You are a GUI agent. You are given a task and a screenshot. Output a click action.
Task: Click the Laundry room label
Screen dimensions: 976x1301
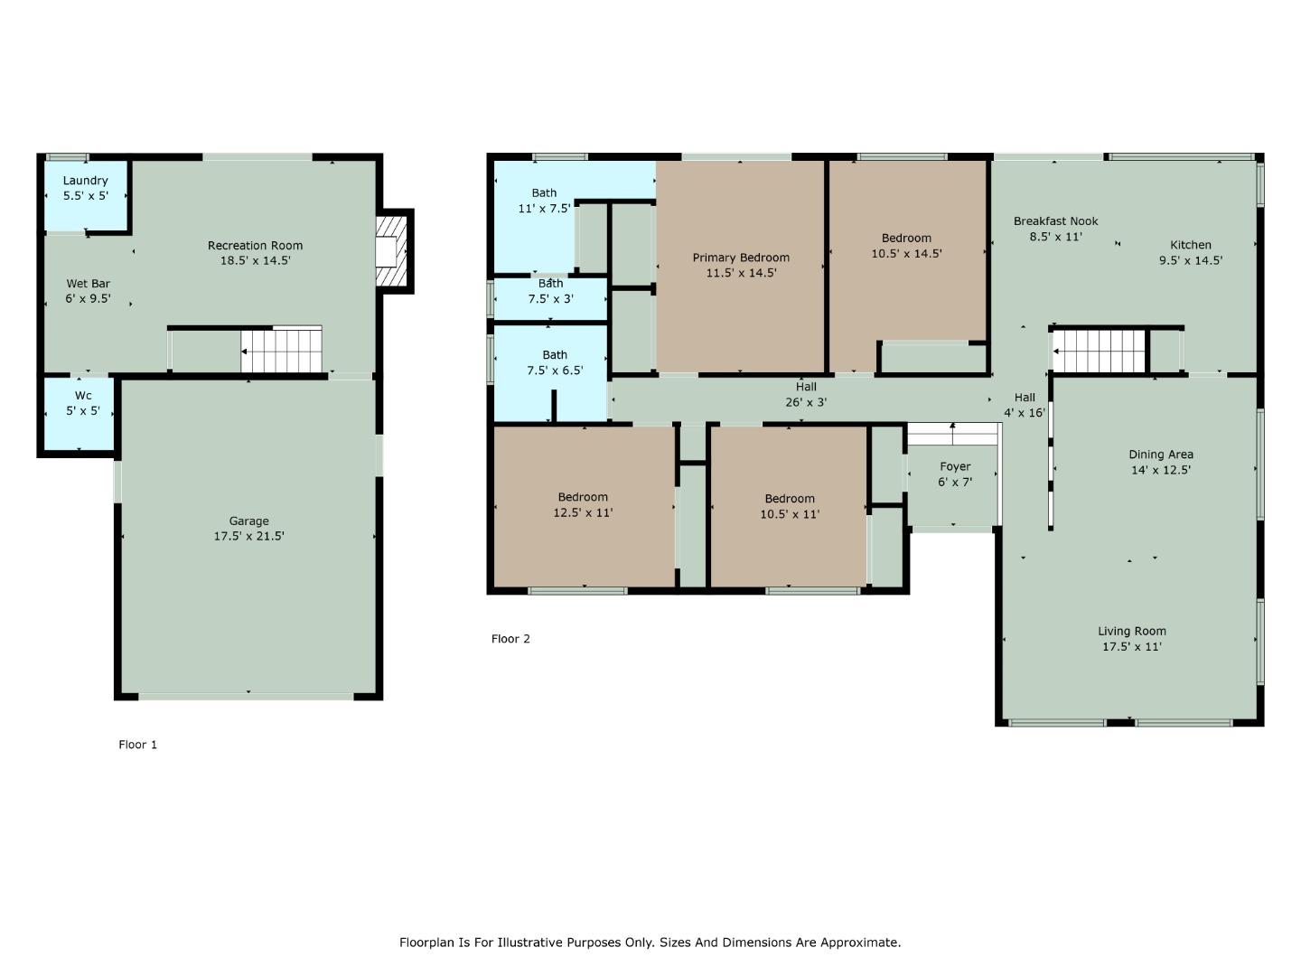point(85,181)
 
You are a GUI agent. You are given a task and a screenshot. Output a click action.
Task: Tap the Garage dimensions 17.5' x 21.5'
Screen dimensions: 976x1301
point(248,536)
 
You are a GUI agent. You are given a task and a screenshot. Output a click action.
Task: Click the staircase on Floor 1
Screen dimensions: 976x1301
point(281,350)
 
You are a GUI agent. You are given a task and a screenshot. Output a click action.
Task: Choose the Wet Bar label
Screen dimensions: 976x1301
point(88,284)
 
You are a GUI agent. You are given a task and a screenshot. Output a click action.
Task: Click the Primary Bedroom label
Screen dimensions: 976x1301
point(741,258)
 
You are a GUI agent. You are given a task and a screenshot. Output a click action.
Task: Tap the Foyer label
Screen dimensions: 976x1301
point(955,467)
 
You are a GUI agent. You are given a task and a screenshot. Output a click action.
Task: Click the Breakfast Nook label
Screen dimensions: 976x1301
point(1055,221)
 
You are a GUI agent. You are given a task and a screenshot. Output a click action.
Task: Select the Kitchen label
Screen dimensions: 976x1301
point(1191,245)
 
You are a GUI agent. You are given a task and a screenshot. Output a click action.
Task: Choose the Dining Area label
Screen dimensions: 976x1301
point(1161,455)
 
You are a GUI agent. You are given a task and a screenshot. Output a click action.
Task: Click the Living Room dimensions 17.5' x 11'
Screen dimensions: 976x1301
point(1131,647)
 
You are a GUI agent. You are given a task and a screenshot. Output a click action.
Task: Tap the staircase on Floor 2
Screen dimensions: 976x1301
point(1100,351)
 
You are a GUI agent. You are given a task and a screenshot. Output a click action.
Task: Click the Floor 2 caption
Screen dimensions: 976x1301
point(510,639)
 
